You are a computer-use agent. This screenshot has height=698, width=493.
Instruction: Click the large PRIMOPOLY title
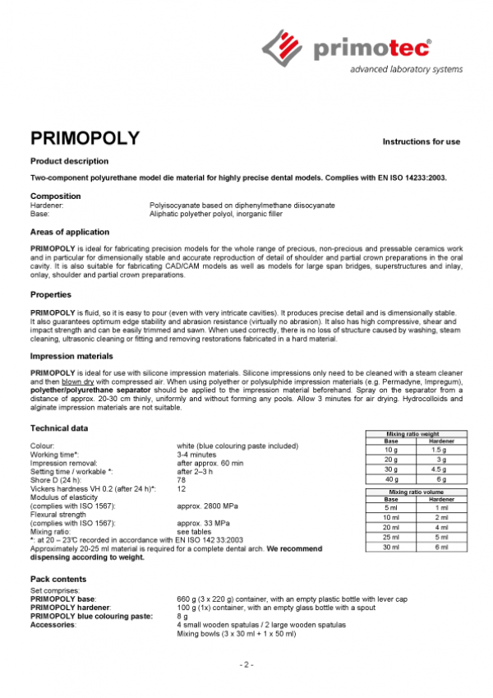coord(85,137)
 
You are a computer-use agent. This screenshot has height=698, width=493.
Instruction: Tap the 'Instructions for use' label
coord(421,142)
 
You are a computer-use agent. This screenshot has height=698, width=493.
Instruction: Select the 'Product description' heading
coord(69,161)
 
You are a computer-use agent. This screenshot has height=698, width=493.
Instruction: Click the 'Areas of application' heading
coord(69,233)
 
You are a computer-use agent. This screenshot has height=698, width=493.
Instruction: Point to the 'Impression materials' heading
coord(71,356)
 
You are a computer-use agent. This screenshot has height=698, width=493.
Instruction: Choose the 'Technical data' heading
coord(59,428)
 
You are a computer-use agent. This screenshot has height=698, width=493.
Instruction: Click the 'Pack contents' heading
coord(58,580)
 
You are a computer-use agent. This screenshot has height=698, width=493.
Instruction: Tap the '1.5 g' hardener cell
coord(440,450)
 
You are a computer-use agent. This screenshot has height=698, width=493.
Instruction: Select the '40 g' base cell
coord(391,478)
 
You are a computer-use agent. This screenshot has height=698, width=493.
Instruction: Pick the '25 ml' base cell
coord(391,537)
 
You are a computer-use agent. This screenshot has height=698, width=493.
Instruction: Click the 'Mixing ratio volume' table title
coord(416,492)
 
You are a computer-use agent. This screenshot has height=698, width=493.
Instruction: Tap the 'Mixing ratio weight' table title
coord(416,433)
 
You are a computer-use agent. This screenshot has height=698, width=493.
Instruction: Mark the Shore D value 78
coord(182,480)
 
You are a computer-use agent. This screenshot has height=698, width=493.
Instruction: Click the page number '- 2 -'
coord(246,664)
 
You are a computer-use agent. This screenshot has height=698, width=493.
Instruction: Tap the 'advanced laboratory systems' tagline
coord(406,70)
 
